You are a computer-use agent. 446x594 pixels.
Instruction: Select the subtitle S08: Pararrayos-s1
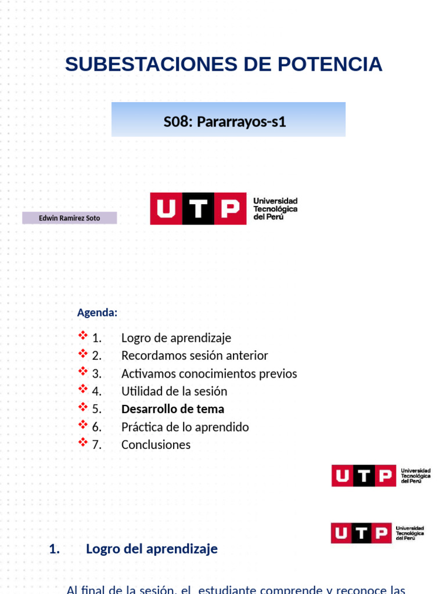click(x=225, y=122)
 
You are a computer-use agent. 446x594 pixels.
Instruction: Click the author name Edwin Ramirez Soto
click(x=69, y=218)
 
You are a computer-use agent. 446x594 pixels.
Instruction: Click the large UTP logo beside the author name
click(x=224, y=208)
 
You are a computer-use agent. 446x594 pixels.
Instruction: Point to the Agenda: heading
click(x=97, y=313)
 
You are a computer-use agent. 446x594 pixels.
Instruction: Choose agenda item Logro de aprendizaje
click(x=176, y=338)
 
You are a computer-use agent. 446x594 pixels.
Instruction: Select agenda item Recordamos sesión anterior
click(x=195, y=356)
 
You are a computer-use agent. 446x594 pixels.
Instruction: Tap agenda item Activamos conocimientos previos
click(x=209, y=374)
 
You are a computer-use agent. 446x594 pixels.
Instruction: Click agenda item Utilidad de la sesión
click(x=174, y=392)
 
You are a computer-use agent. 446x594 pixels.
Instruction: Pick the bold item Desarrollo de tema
click(x=172, y=409)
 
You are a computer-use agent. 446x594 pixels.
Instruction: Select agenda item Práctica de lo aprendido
click(x=185, y=427)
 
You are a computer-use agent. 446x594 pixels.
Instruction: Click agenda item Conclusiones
click(x=156, y=445)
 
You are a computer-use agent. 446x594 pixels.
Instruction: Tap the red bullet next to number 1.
click(x=82, y=336)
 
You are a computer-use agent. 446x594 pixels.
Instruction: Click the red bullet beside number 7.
click(x=82, y=443)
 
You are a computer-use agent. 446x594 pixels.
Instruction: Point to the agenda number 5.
click(x=96, y=409)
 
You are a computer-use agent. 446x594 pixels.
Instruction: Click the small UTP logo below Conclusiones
click(x=381, y=476)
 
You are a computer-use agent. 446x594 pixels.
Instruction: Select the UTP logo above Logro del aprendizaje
click(x=377, y=533)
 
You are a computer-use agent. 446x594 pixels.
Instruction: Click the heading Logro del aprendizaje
click(x=152, y=549)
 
